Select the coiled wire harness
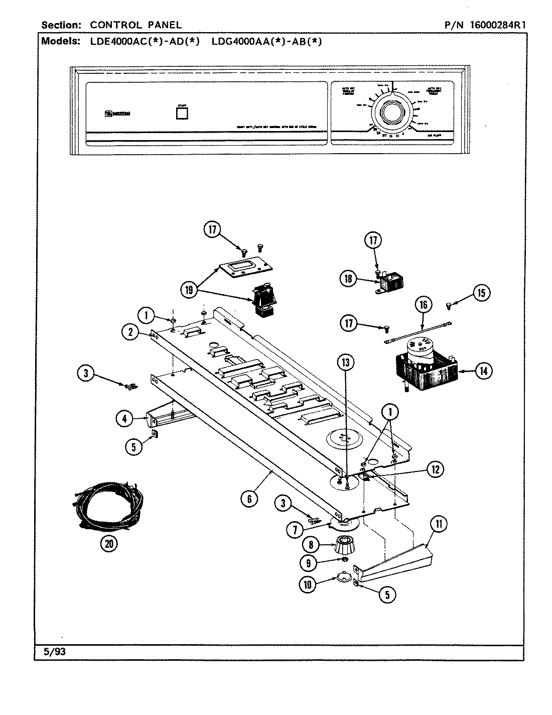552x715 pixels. (x=100, y=507)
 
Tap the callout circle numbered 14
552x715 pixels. (x=484, y=371)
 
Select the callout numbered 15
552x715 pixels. (x=481, y=292)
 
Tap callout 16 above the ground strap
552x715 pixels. (x=423, y=305)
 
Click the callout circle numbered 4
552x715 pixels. (x=124, y=418)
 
